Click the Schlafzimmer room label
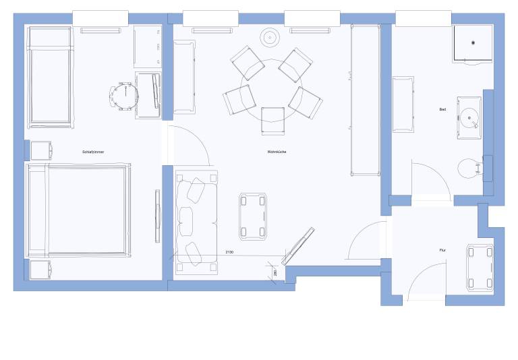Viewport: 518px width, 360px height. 93,152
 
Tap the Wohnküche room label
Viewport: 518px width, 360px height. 277,152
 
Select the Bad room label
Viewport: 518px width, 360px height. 442,109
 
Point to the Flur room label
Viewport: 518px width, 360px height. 442,250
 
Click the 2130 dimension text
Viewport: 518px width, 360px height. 229,252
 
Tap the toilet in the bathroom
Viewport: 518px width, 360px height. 469,169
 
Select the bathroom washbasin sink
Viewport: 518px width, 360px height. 469,118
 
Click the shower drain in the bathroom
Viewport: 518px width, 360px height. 473,42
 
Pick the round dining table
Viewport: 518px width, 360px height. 272,90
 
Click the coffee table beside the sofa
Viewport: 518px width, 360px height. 253,216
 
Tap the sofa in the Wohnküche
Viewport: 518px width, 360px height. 196,222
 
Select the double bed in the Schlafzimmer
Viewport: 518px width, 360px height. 78,210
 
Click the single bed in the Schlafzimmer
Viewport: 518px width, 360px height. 50,77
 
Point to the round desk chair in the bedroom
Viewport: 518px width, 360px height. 123,96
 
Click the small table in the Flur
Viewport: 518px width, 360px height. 480,268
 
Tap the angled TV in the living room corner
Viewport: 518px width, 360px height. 298,246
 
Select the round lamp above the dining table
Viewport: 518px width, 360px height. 270,38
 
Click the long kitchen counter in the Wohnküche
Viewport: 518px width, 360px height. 366,100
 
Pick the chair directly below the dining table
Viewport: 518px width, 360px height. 273,121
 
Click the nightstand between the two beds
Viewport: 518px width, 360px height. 41,150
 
